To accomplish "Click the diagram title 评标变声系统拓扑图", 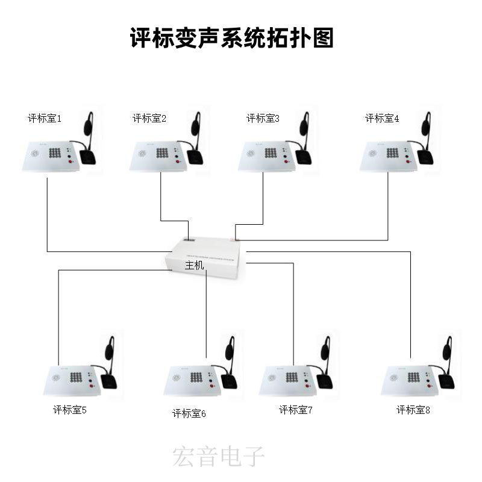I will (x=232, y=38).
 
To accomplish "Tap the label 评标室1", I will (x=45, y=118).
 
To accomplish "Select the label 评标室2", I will (x=149, y=118).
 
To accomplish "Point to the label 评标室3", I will (x=263, y=118).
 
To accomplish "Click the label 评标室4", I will (x=382, y=118).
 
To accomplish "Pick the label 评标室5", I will (x=69, y=410).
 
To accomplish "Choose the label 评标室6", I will (x=189, y=413).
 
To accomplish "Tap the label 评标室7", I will (x=296, y=410).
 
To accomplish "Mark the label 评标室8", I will (x=413, y=410).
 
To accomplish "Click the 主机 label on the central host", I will (x=195, y=264).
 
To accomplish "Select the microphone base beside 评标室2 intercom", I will (x=196, y=157).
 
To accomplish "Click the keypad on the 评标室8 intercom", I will (x=413, y=377).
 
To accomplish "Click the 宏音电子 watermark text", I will (x=218, y=457).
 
